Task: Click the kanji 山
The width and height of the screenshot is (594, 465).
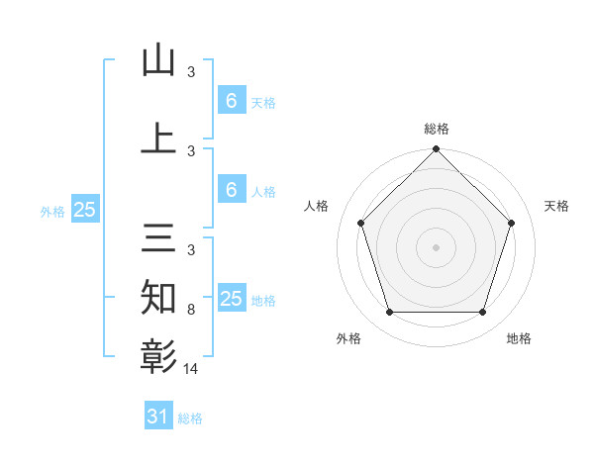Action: (158, 61)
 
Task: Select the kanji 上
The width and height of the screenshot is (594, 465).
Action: (158, 138)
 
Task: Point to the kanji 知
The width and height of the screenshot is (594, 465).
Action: (158, 297)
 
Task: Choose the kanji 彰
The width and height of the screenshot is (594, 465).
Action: (158, 354)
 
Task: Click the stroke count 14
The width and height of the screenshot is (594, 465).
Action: (191, 368)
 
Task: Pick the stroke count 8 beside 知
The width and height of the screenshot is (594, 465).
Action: (191, 310)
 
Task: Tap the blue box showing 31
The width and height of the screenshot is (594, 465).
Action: (157, 417)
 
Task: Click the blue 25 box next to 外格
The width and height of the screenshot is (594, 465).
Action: (84, 210)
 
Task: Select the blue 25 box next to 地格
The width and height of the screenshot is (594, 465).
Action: (231, 299)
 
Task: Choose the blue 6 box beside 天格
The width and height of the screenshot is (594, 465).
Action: (231, 101)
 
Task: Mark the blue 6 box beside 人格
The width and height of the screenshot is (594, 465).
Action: (231, 190)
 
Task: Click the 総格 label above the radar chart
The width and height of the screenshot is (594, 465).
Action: (436, 129)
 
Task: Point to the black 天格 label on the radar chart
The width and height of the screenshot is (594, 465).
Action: (556, 206)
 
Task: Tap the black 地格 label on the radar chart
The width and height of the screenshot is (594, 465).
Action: (519, 338)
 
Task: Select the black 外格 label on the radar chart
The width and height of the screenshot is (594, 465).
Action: (348, 338)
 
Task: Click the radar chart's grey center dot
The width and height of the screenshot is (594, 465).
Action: (436, 246)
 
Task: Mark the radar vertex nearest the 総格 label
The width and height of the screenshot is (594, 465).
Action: (436, 150)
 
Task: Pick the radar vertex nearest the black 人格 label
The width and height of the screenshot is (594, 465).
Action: (360, 223)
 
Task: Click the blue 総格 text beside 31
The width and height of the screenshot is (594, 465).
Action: (190, 418)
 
